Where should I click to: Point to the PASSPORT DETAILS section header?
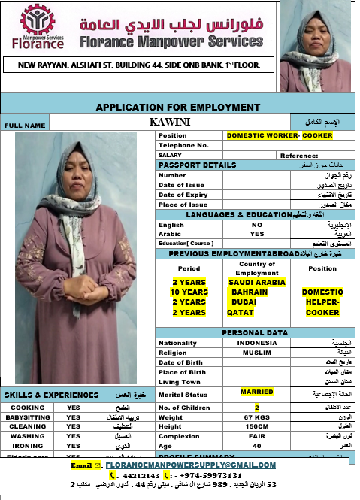tap(196, 165)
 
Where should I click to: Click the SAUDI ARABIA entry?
tap(257, 282)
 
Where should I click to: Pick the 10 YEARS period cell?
tap(189, 292)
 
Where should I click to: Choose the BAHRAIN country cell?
tap(249, 292)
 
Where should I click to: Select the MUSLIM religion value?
tap(257, 352)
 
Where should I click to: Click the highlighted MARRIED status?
tap(257, 392)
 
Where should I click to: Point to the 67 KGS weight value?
tap(257, 417)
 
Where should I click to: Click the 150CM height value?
tap(257, 427)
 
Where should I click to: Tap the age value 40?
tap(257, 447)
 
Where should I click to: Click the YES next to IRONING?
tap(73, 446)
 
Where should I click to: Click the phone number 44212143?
tap(140, 475)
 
